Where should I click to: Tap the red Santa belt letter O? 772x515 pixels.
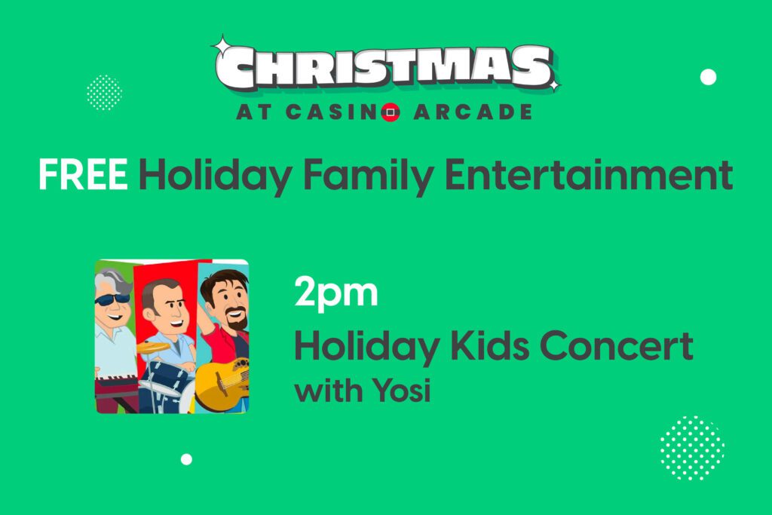click(x=391, y=112)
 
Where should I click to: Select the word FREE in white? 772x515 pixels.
click(x=83, y=174)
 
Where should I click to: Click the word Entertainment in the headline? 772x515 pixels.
click(x=589, y=174)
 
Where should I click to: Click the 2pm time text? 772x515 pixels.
click(x=336, y=293)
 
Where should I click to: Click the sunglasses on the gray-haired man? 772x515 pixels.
click(x=112, y=299)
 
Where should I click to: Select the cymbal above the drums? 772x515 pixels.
click(x=152, y=347)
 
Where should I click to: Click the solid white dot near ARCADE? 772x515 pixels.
click(x=708, y=77)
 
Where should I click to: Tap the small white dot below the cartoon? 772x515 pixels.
click(x=186, y=459)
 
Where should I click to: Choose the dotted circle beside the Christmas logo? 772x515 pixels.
click(x=104, y=93)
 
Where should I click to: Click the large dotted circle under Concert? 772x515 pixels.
click(x=692, y=448)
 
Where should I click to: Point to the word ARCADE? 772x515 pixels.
click(x=473, y=112)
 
